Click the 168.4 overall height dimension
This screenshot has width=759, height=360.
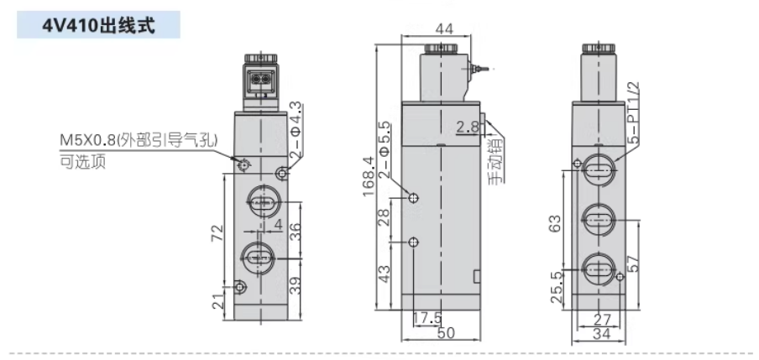coord(369,175)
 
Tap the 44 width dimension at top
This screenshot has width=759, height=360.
coord(444,29)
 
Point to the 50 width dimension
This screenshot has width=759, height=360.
coord(448,333)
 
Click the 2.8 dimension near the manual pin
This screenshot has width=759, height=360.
coord(468,127)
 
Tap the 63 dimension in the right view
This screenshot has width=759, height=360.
coord(555,222)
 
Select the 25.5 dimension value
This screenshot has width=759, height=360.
coord(557,286)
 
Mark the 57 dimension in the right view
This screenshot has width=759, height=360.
coord(635,264)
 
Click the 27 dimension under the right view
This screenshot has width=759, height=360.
coord(602,320)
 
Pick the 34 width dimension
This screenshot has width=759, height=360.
coord(602,333)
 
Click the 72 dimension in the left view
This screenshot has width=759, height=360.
coord(218,232)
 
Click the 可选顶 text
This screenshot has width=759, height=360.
coord(82,162)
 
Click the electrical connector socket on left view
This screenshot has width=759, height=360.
coord(261,80)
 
